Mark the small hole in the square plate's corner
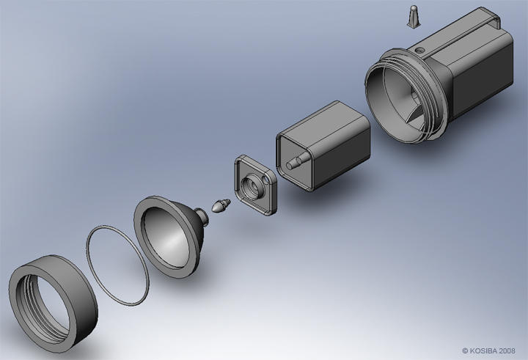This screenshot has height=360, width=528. coord(239,162)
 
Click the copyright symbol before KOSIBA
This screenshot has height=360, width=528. coord(465,350)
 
